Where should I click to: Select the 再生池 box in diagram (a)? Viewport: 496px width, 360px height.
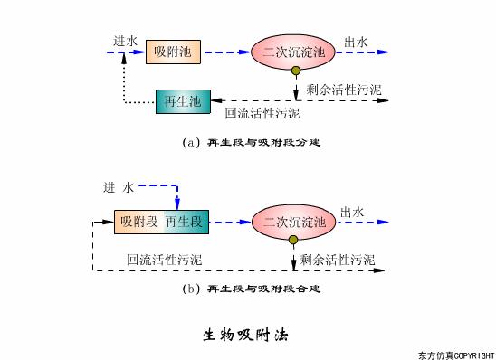pos(183,101)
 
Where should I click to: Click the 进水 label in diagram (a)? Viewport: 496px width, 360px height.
pos(126,41)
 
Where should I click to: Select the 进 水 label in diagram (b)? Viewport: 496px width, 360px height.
pos(119,187)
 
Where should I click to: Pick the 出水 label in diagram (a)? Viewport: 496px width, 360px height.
pos(356,41)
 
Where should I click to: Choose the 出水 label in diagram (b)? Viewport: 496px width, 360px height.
pos(352,212)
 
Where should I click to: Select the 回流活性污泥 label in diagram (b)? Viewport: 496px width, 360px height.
pos(165,259)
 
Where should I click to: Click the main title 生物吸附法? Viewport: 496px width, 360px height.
pos(245,334)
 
